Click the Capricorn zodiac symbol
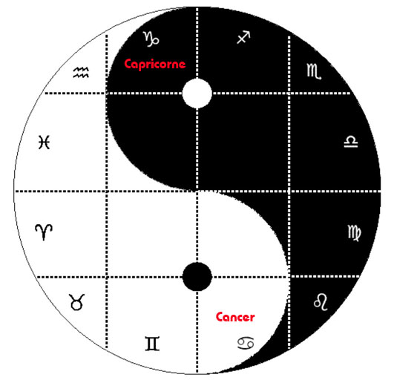coord(151,39)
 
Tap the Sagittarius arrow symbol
coord(243,37)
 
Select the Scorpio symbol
coord(314,71)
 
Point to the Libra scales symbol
coord(351,142)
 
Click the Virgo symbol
coord(354,233)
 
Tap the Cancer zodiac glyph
coord(246,343)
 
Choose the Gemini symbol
coord(152,344)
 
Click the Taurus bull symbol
coord(77,302)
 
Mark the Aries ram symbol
coord(44,232)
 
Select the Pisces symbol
coord(45,143)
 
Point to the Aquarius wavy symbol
coord(81,73)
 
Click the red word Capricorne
coord(155,65)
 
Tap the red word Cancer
coord(235,317)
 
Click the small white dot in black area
coord(197,94)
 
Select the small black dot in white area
coord(197,277)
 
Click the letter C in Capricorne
coord(128,64)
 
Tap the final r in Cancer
coord(252,318)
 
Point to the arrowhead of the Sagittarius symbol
coord(247,34)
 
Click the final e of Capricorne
coord(183,65)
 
